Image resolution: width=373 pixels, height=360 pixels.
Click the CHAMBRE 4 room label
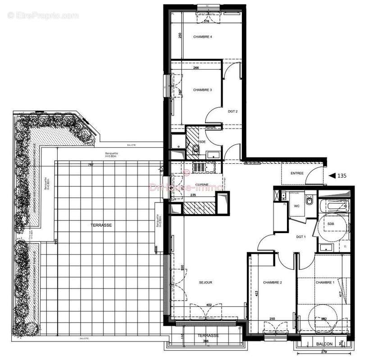(x=202, y=37)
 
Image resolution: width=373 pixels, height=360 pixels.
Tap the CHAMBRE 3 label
(x=202, y=90)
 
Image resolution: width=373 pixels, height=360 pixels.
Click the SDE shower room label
(x=203, y=142)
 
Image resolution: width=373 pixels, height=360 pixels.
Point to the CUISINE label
(x=201, y=184)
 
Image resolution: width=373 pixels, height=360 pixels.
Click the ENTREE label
(x=297, y=173)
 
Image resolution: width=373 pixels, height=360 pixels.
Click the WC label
(x=297, y=206)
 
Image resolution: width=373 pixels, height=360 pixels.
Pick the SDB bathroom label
(x=331, y=224)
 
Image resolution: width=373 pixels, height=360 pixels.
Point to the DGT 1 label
(x=301, y=237)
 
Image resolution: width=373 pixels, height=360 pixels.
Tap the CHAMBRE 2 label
(x=272, y=283)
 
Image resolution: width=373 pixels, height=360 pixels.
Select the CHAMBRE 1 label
(x=325, y=283)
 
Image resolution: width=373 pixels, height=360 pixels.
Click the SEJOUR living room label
(x=205, y=283)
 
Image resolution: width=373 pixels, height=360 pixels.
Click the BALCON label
(x=324, y=344)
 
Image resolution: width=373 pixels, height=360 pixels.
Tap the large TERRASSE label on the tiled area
(x=100, y=225)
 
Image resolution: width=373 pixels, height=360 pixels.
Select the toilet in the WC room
(x=310, y=201)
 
